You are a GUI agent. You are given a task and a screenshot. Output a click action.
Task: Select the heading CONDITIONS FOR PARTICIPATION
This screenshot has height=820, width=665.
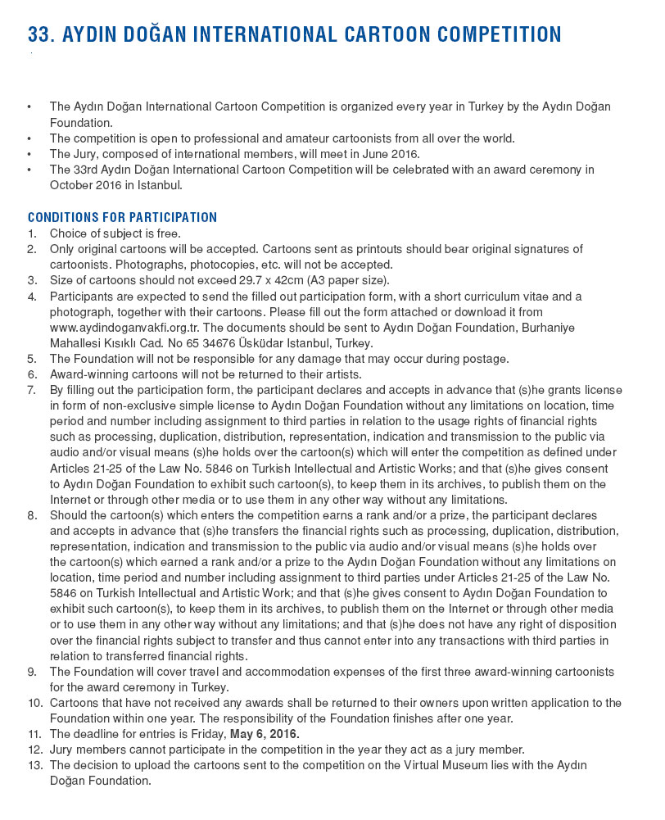pos(122,217)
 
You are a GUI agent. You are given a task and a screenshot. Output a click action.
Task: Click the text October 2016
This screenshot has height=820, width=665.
pos(84,184)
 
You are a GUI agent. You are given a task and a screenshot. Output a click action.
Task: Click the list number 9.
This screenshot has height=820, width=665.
pos(32,671)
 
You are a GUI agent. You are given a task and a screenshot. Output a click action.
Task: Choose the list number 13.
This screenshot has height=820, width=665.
pos(34,764)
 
